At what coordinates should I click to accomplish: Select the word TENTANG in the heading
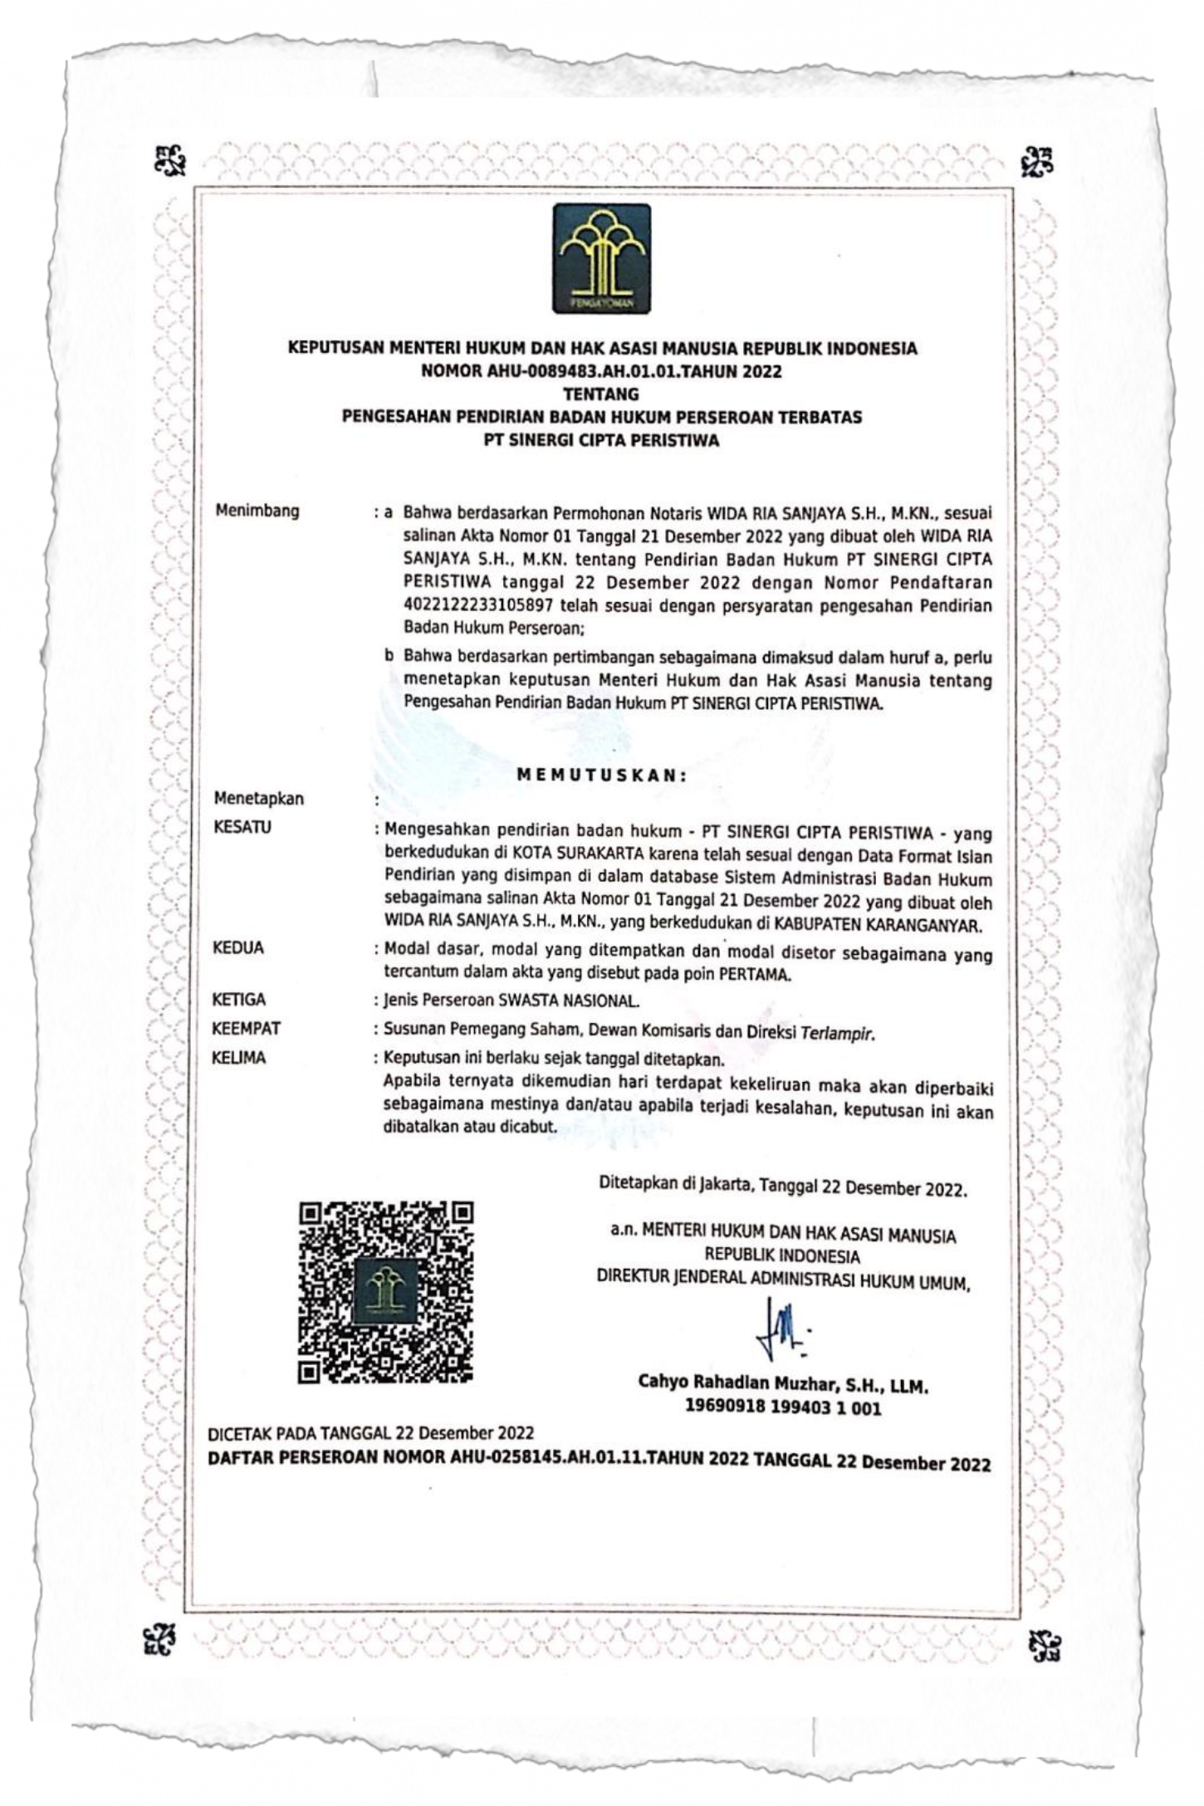601,394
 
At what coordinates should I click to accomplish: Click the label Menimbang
257,511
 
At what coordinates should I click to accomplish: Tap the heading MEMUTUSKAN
602,776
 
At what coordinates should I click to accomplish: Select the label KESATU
242,828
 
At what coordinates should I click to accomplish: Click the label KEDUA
238,948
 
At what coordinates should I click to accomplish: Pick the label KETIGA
239,1001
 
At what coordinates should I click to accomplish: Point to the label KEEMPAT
247,1029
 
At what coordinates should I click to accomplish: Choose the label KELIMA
239,1058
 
